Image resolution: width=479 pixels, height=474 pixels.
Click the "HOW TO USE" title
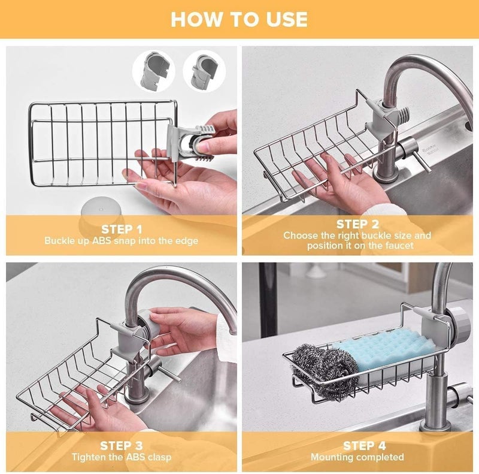pos(239,19)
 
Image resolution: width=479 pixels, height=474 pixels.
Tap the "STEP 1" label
pos(122,229)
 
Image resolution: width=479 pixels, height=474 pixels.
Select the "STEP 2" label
pos(357,224)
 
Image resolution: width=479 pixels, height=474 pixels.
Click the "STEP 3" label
pos(122,445)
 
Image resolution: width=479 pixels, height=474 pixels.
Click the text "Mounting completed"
pos(357,457)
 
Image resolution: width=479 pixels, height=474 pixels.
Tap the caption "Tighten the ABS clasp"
pos(122,457)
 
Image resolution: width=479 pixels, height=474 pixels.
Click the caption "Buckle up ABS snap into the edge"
pos(122,241)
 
